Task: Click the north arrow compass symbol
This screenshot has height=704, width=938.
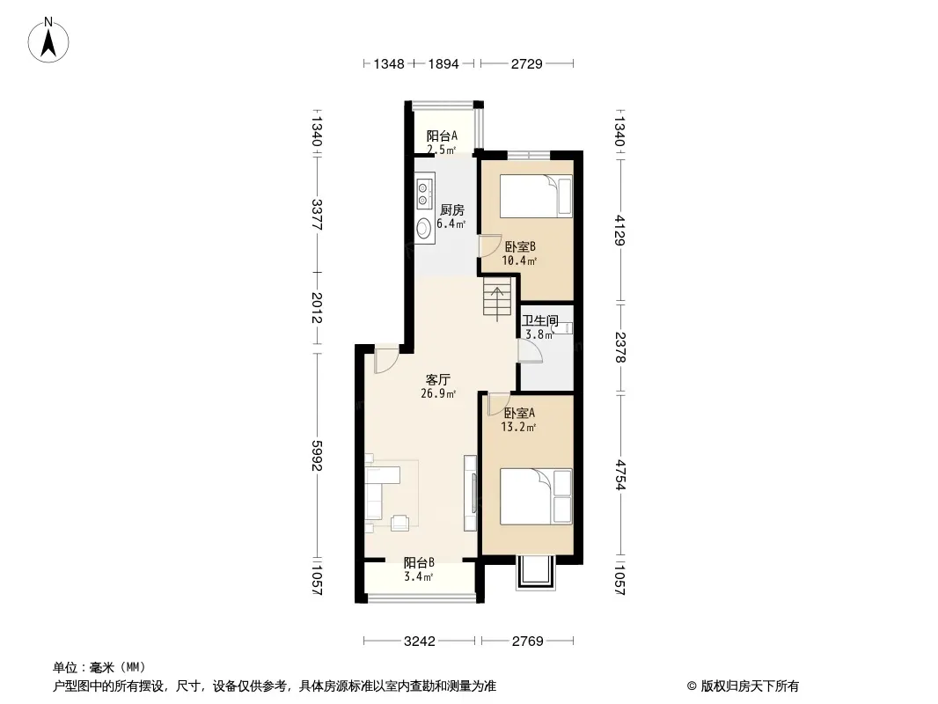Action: tap(48, 40)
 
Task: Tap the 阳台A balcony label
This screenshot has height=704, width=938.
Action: tap(442, 136)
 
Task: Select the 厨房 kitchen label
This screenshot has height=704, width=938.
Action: tap(451, 210)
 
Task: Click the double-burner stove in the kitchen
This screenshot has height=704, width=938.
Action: tap(424, 192)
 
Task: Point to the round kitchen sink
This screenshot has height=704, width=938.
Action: tap(424, 228)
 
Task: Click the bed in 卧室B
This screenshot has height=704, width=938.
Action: tap(536, 196)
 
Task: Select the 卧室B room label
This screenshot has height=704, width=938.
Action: tap(520, 246)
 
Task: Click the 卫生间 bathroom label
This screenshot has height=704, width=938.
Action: tap(540, 320)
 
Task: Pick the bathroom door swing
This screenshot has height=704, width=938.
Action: tap(530, 351)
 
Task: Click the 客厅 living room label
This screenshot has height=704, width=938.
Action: tap(438, 380)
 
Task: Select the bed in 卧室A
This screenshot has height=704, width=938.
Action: tap(536, 496)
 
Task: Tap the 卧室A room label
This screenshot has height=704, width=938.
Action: tap(519, 414)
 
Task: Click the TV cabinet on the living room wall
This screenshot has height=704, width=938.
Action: tap(471, 492)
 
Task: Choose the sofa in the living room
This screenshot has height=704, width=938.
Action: tap(375, 493)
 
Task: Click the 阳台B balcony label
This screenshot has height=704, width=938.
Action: tap(419, 563)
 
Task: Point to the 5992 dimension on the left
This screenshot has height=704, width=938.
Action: tap(317, 456)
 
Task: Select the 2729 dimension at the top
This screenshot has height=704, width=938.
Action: tap(526, 63)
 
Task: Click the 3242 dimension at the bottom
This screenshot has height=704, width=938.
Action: tap(420, 642)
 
